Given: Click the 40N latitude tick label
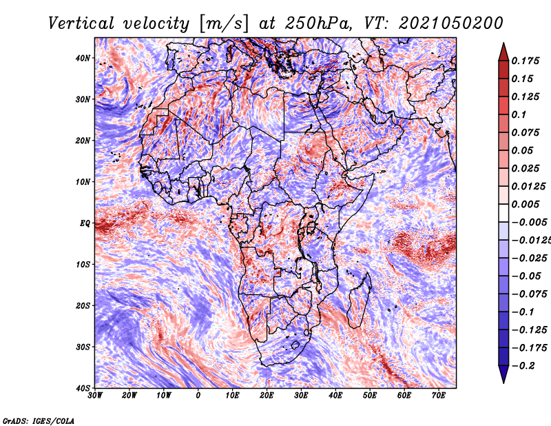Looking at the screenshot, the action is point(83,58).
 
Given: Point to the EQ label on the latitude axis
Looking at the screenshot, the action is point(85,223).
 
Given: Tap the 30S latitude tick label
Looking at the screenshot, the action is point(83,347).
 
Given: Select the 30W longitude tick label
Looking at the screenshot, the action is point(95,396).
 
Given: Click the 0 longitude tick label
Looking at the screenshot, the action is point(198,396).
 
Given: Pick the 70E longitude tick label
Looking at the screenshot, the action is point(439,396).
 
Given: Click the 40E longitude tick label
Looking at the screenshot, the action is point(335,396).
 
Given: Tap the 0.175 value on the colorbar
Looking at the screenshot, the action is point(525,61).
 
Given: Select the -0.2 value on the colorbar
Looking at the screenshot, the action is point(523,366).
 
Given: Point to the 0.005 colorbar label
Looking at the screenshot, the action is point(525,204).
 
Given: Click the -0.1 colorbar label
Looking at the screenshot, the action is point(523,312).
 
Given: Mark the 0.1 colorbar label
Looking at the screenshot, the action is point(519,114).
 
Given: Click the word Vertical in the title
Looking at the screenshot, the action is point(81,23).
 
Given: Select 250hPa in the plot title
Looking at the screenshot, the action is point(318,23).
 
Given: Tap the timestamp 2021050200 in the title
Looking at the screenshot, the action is point(451,23).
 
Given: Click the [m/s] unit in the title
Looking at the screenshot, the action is point(224,23).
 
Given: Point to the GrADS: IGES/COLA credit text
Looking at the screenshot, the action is point(39,420).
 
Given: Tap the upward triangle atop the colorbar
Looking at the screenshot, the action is point(503,52).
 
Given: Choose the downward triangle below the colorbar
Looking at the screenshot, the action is point(503,374).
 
